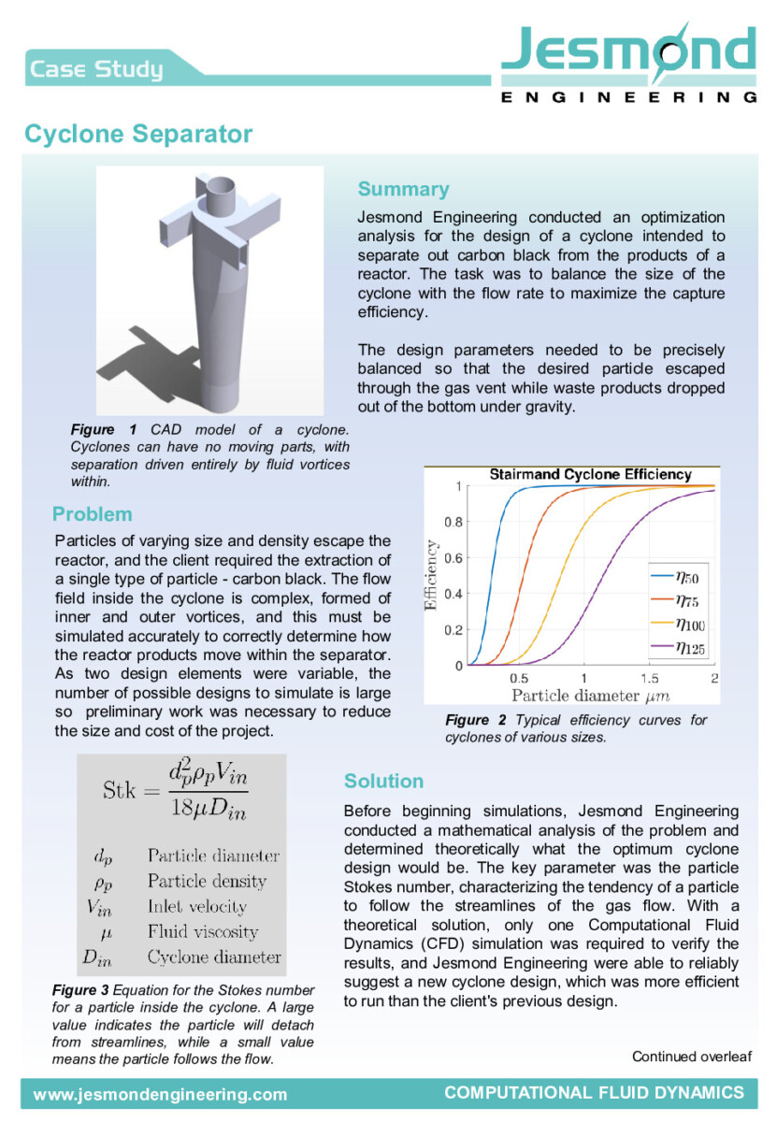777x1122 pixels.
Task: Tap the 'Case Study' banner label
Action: (x=96, y=68)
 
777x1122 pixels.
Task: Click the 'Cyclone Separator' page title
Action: (x=138, y=134)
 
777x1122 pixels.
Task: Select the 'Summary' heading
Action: (x=403, y=189)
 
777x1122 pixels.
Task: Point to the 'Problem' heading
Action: (x=93, y=513)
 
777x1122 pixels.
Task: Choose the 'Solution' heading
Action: (x=383, y=781)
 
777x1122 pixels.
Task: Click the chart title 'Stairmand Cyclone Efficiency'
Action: (x=590, y=475)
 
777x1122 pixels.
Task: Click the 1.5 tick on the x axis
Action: (x=648, y=677)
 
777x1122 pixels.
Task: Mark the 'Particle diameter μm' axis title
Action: (x=589, y=696)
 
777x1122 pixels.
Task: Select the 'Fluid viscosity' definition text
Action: (x=203, y=931)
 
